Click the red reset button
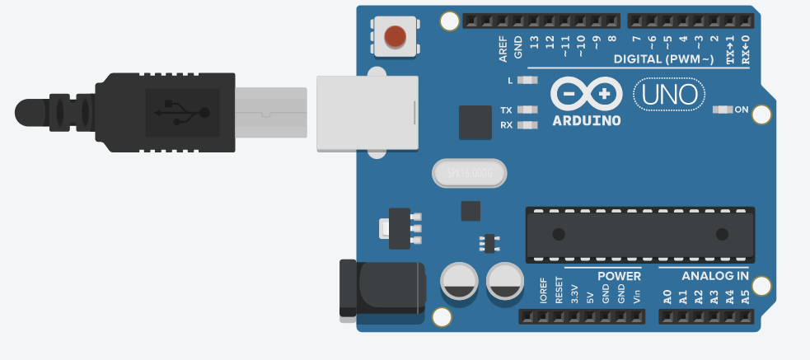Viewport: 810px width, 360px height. point(396,37)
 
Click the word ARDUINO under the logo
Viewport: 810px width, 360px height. point(586,120)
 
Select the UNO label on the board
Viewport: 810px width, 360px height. point(670,95)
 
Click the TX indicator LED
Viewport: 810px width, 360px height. point(527,110)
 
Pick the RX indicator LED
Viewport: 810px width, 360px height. point(527,125)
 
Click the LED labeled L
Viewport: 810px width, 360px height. point(527,81)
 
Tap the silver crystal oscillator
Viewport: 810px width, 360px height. point(467,173)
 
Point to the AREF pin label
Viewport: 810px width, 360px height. point(503,49)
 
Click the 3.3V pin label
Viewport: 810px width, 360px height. point(574,295)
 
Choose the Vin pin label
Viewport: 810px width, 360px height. point(636,295)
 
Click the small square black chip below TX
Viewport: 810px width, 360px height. point(475,122)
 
